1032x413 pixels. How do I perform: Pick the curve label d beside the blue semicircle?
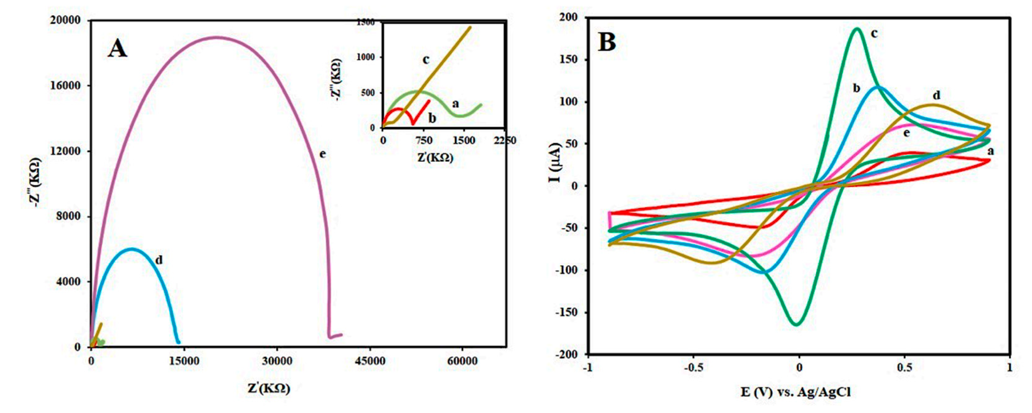point(159,260)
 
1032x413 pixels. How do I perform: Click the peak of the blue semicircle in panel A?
point(131,249)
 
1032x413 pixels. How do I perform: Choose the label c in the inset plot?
point(426,60)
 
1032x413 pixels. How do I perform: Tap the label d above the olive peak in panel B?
point(936,95)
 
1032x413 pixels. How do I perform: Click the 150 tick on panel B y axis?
point(569,60)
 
